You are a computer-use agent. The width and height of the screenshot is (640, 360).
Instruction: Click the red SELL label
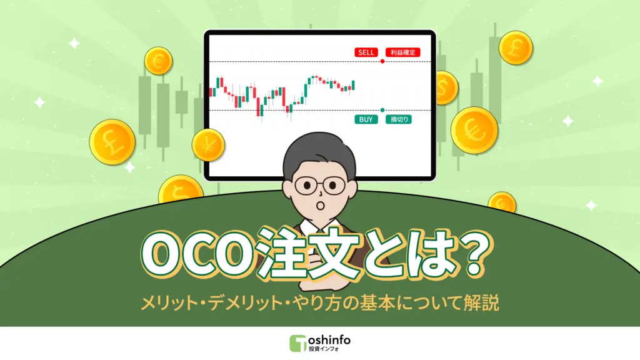pos(366,52)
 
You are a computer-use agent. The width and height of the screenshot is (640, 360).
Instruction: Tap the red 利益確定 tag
pos(403,52)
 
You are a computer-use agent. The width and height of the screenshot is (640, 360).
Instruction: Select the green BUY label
pos(366,119)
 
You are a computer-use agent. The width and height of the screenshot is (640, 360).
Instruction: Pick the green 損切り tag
pos(399,119)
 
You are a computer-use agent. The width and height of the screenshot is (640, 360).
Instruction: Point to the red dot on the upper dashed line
pos(382,61)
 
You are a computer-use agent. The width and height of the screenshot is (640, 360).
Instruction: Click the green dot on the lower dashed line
pos(382,110)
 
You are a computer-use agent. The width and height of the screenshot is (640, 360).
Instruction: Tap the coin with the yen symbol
pos(208,144)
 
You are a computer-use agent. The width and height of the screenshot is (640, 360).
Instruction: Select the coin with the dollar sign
pos(444,87)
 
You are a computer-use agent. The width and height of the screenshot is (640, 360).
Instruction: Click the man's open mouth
pos(321,204)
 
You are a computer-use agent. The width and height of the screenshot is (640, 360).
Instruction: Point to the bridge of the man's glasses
pos(320,184)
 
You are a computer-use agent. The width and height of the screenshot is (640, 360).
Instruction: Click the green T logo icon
pos(298,343)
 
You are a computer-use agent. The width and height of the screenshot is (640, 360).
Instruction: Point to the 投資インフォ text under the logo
pos(324,349)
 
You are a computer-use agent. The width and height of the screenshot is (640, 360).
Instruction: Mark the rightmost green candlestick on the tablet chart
pos(353,85)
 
